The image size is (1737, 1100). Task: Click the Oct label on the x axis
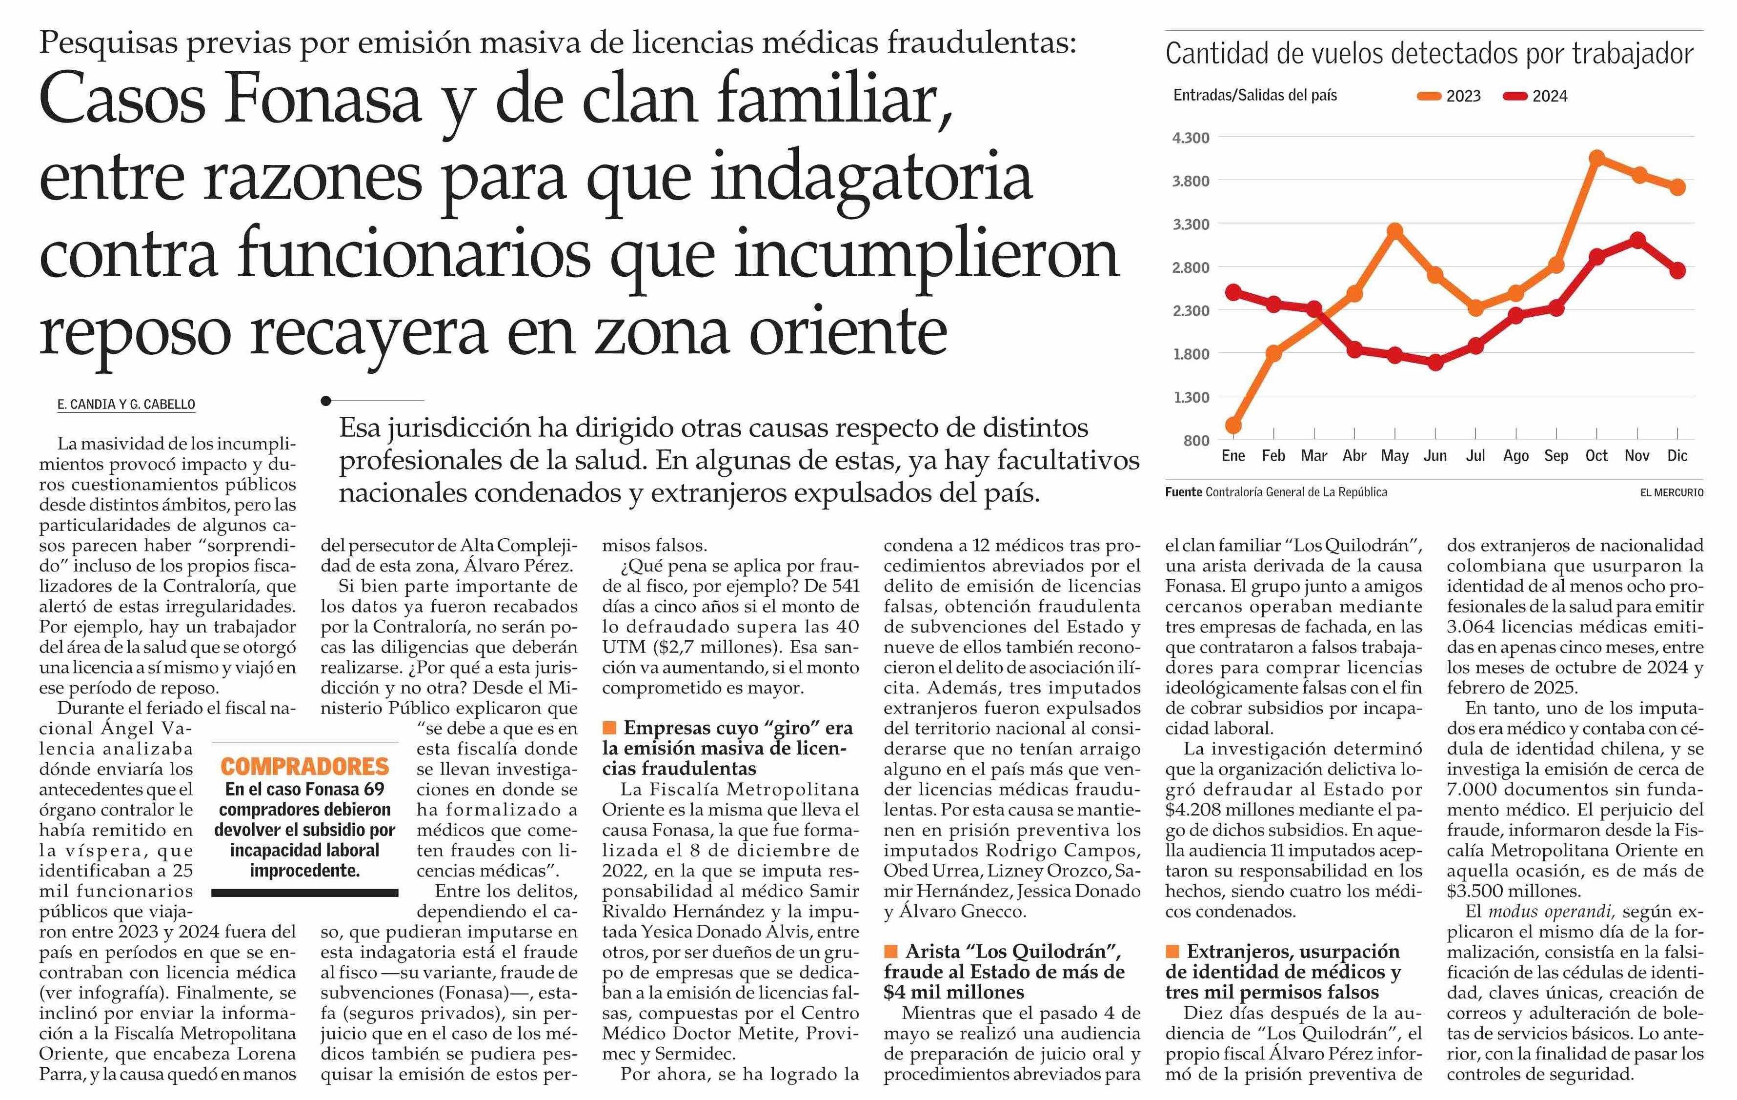coord(1596,456)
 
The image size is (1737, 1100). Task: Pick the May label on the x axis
coord(1394,456)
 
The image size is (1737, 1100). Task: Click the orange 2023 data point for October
coord(1596,158)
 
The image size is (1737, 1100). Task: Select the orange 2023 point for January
coord(1233,426)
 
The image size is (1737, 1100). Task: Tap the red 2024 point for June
coord(1435,362)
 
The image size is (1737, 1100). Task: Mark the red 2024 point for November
coord(1637,240)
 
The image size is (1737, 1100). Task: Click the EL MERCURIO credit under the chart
coord(1671,492)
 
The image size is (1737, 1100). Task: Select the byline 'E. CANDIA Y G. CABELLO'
coord(126,405)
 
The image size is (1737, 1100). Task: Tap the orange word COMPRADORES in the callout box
coord(304,766)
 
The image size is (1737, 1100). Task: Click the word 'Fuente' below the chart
coord(1184,492)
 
